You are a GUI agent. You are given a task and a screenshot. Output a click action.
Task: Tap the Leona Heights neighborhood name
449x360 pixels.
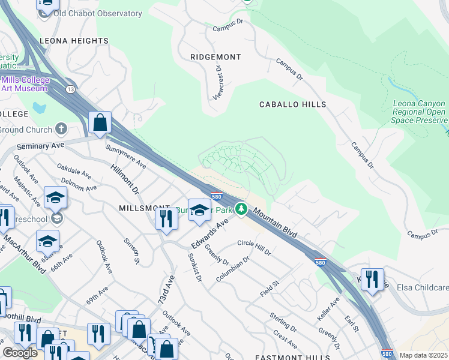[x=74, y=41]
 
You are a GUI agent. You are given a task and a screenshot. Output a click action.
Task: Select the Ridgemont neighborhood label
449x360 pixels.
[x=215, y=57]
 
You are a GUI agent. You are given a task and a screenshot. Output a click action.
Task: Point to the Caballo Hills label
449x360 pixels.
[x=292, y=104]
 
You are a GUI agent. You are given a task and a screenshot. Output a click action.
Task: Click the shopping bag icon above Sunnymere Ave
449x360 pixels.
[x=100, y=122]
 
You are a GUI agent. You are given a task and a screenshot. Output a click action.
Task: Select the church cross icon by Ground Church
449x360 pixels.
[x=61, y=129]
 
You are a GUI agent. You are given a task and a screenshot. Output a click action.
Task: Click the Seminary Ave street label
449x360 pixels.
[x=40, y=146]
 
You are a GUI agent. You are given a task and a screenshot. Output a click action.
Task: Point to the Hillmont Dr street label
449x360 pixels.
[x=125, y=179]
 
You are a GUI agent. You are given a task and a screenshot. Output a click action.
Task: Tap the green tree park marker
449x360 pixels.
[x=241, y=209]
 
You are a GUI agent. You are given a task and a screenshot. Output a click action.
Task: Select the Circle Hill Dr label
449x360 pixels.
[x=254, y=247]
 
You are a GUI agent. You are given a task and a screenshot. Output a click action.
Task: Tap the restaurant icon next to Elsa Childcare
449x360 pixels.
[x=372, y=280]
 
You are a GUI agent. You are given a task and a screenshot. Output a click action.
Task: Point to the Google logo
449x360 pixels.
[x=20, y=353]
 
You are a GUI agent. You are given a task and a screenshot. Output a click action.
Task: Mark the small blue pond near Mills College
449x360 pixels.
[x=39, y=109]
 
